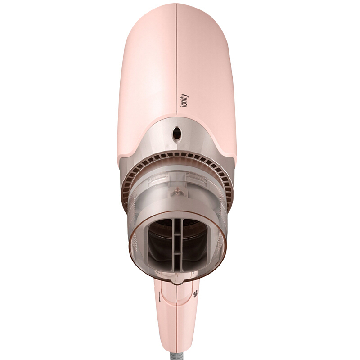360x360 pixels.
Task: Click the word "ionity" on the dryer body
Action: pos(184,100)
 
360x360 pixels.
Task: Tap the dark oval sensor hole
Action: pos(177,133)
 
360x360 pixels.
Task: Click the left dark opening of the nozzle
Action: pos(160,244)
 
